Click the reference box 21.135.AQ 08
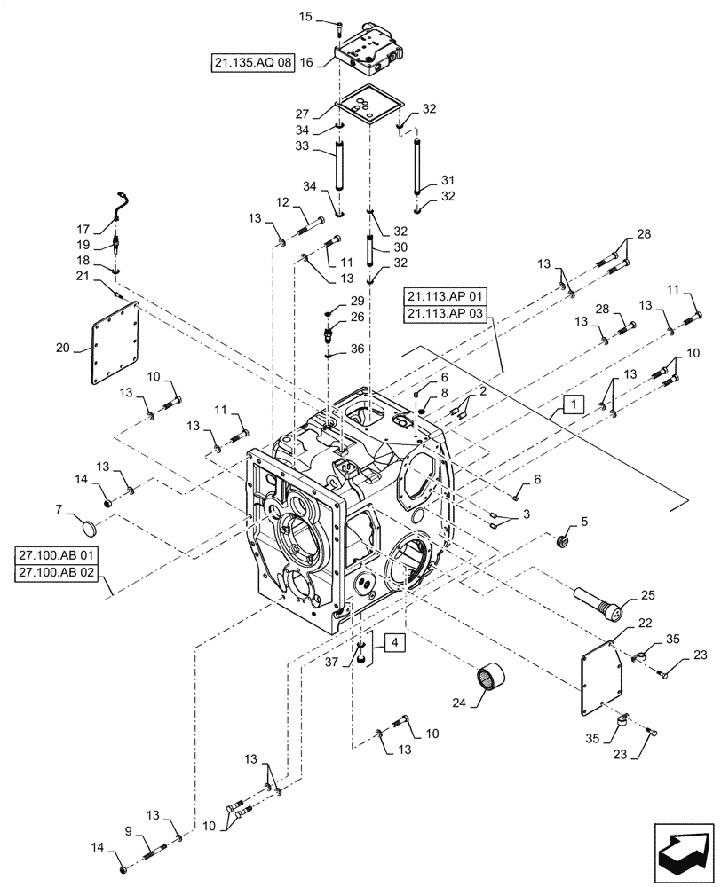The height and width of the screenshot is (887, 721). click(253, 62)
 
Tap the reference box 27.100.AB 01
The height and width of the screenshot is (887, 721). click(59, 557)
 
